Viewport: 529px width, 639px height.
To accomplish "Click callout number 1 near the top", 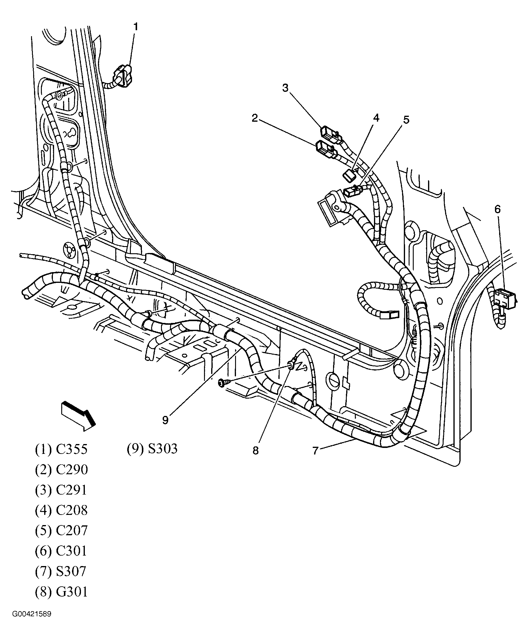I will (x=136, y=27).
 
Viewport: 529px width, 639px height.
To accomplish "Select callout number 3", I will (x=285, y=88).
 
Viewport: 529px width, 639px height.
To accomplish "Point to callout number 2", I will (x=255, y=118).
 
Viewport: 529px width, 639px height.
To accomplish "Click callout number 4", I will (x=376, y=118).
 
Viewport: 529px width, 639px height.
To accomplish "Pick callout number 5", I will (x=406, y=120).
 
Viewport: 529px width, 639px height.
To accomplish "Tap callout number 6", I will (x=497, y=209).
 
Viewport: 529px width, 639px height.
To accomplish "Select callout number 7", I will (x=315, y=451).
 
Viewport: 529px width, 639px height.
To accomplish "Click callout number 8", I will (x=255, y=451).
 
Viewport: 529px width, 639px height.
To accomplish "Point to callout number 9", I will (x=165, y=420).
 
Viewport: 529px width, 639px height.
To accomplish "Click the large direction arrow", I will (x=79, y=415).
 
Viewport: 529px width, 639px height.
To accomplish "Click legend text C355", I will (x=72, y=449).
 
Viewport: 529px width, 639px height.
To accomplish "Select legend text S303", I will (x=163, y=449).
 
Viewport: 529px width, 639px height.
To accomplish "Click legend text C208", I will (x=72, y=510).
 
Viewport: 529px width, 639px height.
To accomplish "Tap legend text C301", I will (x=72, y=551).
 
